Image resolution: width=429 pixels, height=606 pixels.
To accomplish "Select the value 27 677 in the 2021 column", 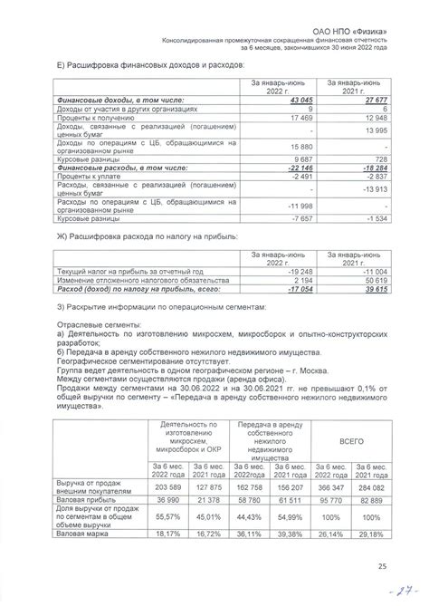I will pyautogui.click(x=375, y=99).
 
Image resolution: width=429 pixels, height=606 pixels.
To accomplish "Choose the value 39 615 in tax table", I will pyautogui.click(x=375, y=290).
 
